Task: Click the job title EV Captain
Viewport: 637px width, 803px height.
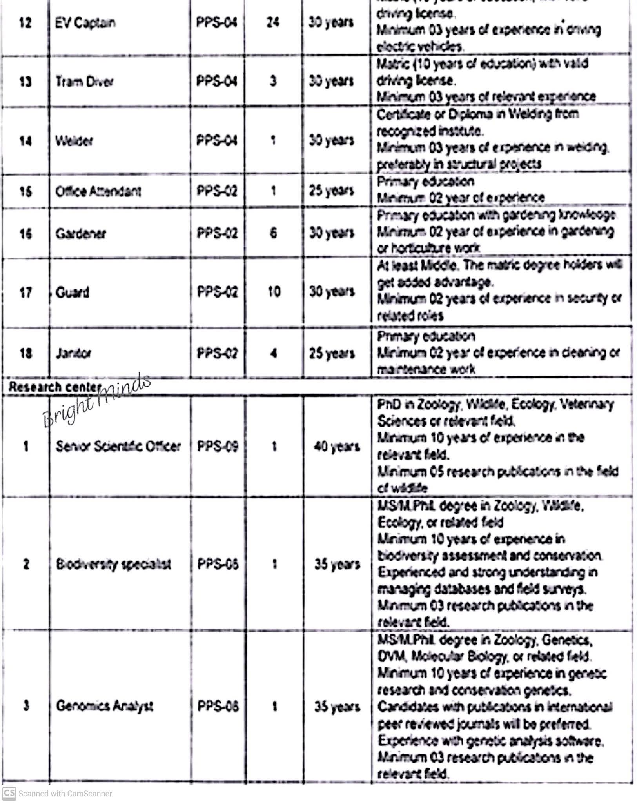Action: click(85, 23)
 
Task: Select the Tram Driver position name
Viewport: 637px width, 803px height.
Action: click(84, 82)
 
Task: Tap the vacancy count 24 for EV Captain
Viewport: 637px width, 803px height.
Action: click(273, 22)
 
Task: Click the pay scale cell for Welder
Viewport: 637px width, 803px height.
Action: click(217, 140)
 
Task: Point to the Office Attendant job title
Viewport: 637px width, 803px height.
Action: click(98, 191)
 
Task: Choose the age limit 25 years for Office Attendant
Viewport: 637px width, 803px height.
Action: click(331, 191)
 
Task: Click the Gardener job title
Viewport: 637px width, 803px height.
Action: click(80, 234)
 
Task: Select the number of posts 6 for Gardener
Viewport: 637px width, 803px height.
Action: click(274, 233)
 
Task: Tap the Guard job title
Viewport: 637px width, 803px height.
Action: click(72, 292)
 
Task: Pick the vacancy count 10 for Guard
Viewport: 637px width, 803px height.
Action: click(274, 292)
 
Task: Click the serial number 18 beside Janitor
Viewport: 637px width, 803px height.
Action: click(25, 353)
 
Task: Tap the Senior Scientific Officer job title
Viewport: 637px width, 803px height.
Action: click(118, 446)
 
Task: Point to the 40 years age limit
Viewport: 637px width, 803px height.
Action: click(336, 446)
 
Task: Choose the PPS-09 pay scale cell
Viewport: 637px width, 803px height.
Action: click(218, 446)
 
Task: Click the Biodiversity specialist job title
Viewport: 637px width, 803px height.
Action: click(113, 564)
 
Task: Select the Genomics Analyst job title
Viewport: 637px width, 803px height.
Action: click(104, 706)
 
